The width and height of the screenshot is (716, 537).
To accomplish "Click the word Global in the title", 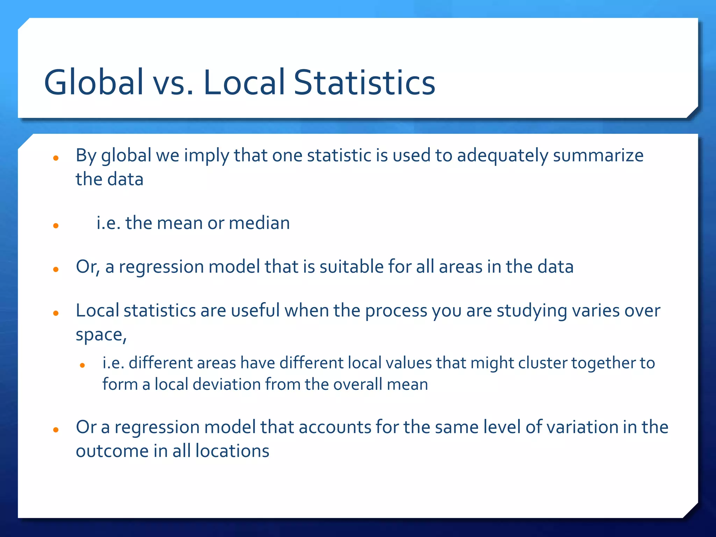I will [94, 82].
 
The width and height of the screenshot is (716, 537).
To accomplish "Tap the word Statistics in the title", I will [365, 82].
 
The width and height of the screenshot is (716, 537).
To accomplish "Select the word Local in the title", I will [244, 82].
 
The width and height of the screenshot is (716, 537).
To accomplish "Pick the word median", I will [259, 223].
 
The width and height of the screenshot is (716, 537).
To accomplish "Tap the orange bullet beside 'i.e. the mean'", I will [56, 226].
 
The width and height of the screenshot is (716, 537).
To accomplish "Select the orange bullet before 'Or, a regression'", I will [56, 270].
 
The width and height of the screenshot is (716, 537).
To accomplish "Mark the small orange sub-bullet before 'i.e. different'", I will [83, 366].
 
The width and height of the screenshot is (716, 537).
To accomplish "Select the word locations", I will [232, 451].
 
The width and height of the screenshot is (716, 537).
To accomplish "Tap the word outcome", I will [112, 451].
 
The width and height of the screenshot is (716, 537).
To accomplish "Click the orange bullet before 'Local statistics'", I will [56, 313].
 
